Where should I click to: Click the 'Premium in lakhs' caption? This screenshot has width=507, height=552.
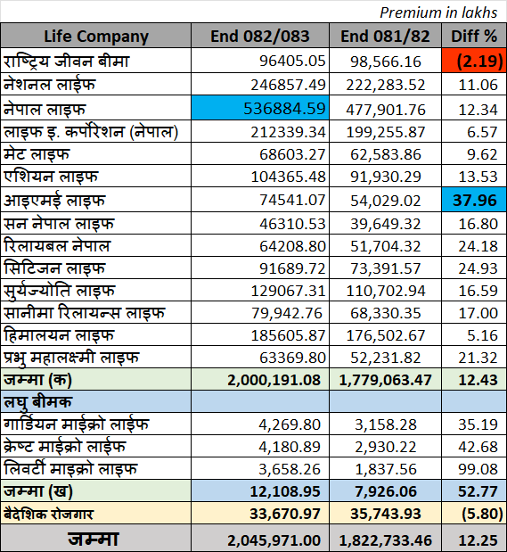point(438,12)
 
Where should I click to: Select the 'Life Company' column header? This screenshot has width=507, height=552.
point(96,37)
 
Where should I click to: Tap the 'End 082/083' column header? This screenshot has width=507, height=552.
point(260,37)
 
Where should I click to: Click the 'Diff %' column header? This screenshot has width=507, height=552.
point(474,37)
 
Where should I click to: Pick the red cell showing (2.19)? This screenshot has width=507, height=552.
point(474,61)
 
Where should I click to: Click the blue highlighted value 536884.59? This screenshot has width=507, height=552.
point(260,108)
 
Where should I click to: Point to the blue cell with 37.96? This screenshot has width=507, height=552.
point(474,200)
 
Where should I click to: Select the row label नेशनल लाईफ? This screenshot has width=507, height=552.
point(50,85)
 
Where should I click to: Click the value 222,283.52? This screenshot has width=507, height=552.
point(385,86)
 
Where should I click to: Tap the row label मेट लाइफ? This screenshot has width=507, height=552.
point(37,154)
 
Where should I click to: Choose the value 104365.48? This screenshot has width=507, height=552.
point(288,177)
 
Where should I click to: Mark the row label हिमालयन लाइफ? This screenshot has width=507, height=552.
point(59,334)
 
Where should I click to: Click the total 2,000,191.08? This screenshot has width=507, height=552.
point(274,380)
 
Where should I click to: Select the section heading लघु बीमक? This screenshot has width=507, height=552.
point(37,402)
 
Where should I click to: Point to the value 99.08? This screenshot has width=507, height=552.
point(478,469)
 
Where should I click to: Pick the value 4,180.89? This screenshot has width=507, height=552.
point(290,447)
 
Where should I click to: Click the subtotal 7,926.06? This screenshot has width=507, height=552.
point(386,491)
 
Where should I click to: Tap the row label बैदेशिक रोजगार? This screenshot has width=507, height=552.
point(48,514)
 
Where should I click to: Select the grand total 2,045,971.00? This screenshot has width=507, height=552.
point(274,540)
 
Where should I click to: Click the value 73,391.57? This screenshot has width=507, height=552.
point(385,268)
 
